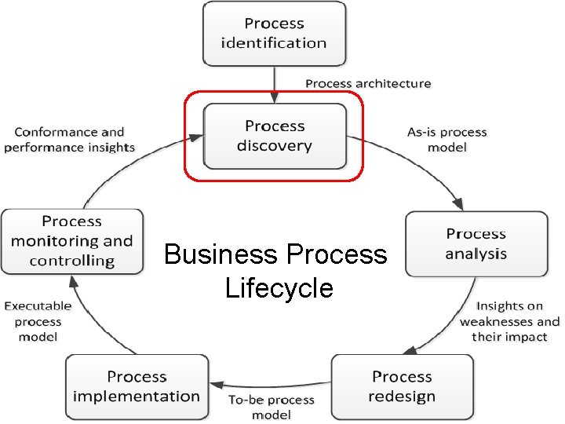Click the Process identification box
click(274, 34)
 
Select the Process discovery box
click(274, 136)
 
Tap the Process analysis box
click(476, 243)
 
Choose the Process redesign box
click(402, 386)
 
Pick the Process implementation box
click(137, 386)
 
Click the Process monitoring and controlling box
click(72, 241)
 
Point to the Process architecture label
click(368, 83)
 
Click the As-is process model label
click(447, 140)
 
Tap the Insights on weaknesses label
click(509, 321)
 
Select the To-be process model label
click(272, 407)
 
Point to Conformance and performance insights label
click(69, 140)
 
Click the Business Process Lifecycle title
click(276, 271)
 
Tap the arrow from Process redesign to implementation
click(267, 386)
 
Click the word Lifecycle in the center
click(279, 288)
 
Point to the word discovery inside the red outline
click(274, 146)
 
